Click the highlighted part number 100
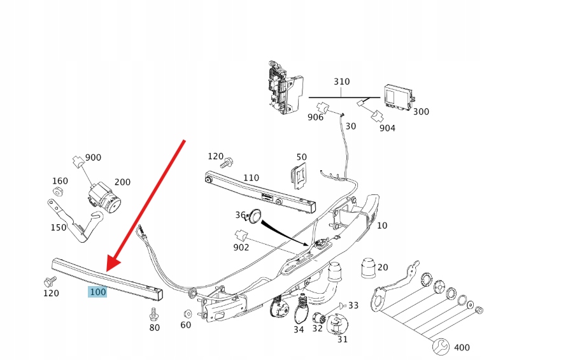[x=97, y=292]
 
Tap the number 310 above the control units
[x=342, y=82]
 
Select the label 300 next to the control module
[x=421, y=112]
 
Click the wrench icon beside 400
[x=440, y=347]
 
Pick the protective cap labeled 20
[x=368, y=269]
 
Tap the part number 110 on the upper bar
[x=251, y=178]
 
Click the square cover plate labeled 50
[x=298, y=175]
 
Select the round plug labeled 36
[x=255, y=216]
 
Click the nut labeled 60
[x=188, y=314]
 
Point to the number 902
[x=241, y=247]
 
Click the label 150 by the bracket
[x=59, y=227]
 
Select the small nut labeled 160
[x=57, y=192]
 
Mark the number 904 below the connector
[x=387, y=128]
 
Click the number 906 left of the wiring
[x=316, y=118]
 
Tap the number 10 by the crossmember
[x=381, y=226]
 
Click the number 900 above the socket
[x=93, y=157]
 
